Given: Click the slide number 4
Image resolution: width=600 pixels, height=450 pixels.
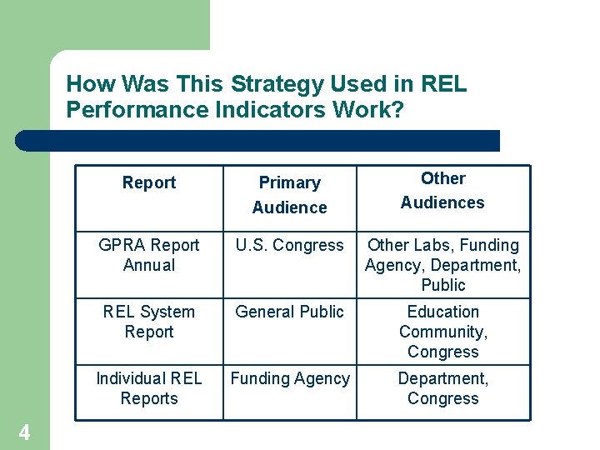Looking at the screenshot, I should (25, 432).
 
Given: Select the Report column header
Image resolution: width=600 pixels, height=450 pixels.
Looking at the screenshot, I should (149, 182).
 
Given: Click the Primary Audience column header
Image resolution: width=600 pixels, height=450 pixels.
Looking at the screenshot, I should (289, 194).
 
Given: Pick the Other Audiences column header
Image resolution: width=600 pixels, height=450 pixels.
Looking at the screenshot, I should (442, 190).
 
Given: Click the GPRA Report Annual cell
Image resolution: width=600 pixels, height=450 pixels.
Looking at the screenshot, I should (149, 255).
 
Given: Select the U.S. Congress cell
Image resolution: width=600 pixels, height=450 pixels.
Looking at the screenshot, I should (289, 245).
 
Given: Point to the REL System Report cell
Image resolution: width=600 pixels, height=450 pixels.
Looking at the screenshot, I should (149, 322).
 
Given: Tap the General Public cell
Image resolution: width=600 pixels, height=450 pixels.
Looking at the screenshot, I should (289, 312).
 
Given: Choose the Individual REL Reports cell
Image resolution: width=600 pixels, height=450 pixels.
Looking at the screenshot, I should (149, 388).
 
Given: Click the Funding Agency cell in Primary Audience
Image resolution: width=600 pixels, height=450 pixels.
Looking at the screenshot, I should (289, 378).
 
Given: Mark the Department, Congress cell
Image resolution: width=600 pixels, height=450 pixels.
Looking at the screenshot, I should (442, 388).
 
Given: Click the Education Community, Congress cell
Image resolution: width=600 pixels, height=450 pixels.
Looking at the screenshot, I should (442, 332).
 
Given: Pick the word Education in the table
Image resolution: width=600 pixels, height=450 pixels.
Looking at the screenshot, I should (442, 312).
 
